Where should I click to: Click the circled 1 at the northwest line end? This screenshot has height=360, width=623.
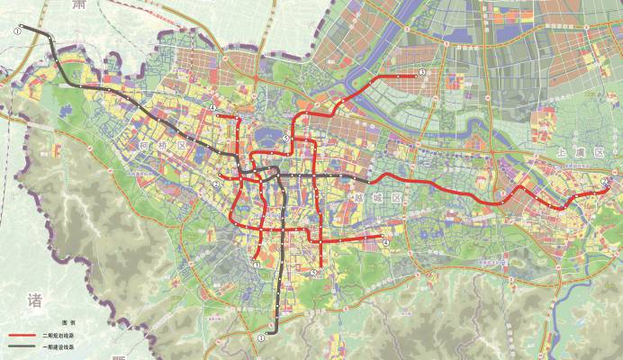[17, 30]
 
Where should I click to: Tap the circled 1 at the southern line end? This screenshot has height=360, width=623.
[261, 337]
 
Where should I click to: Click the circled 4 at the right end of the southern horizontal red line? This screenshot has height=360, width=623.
[385, 241]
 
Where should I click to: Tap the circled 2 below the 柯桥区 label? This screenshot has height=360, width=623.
[216, 184]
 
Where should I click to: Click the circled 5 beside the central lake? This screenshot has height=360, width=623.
[285, 138]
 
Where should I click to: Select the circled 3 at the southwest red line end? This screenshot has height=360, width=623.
[257, 265]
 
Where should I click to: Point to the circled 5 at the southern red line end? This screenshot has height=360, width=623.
[313, 272]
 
